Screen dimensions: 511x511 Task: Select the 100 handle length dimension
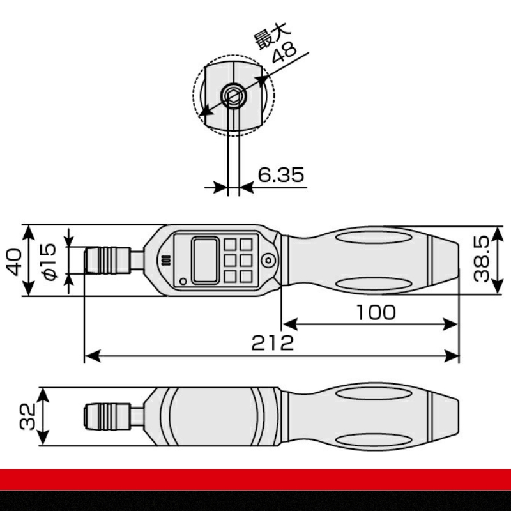[x=376, y=312]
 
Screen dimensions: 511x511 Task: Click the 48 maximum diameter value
[x=284, y=52]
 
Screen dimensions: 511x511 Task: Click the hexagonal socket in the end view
[x=233, y=97]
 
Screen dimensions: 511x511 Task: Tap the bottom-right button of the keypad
[x=246, y=276]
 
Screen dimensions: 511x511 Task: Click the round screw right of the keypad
[x=269, y=260]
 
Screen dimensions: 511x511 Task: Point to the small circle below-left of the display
[x=183, y=281]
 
